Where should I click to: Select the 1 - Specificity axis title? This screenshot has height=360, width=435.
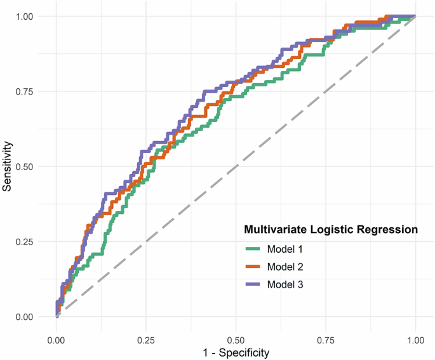click(236, 351)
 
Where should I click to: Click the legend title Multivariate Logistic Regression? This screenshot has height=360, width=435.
click(331, 229)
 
